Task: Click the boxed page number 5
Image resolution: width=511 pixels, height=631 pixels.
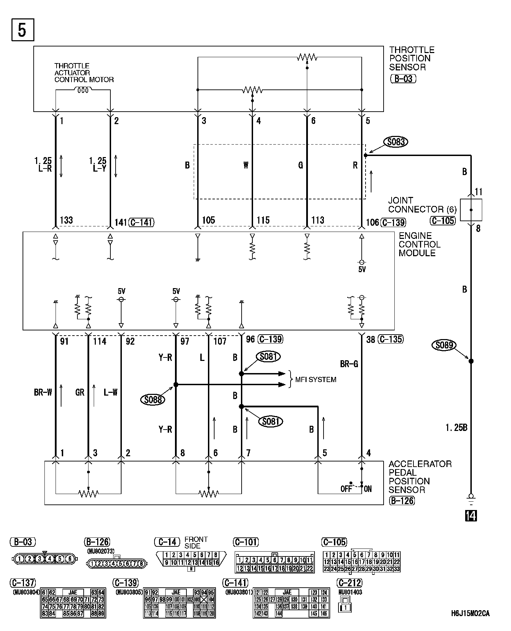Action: coord(23,30)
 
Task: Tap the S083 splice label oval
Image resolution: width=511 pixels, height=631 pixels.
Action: coord(395,142)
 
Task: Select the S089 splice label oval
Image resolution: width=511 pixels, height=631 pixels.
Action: coord(444,345)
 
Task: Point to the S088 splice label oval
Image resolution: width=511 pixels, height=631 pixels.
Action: coord(153,400)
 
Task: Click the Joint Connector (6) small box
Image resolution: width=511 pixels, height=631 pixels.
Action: coord(471,210)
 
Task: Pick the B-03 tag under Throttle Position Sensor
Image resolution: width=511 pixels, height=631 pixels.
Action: coord(403,79)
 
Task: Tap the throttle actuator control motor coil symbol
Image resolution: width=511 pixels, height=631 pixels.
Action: coord(83,90)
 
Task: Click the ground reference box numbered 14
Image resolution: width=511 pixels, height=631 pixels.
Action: coord(471,516)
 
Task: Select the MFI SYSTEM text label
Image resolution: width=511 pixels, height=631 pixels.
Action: coord(316,380)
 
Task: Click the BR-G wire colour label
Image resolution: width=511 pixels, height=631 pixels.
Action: coord(349,364)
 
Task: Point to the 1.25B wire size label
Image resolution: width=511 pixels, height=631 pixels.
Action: coord(456,427)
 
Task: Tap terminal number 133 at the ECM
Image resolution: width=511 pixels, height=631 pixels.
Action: coord(66,220)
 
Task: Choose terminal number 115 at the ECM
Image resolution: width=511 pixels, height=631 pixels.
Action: coord(263,220)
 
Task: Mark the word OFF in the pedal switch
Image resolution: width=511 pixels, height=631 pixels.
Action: coord(346,489)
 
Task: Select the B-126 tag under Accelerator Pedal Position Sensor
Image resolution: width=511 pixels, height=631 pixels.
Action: coord(402,500)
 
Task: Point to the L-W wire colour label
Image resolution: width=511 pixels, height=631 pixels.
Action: coord(110,392)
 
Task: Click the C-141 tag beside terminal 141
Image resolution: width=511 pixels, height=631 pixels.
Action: coord(141,222)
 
